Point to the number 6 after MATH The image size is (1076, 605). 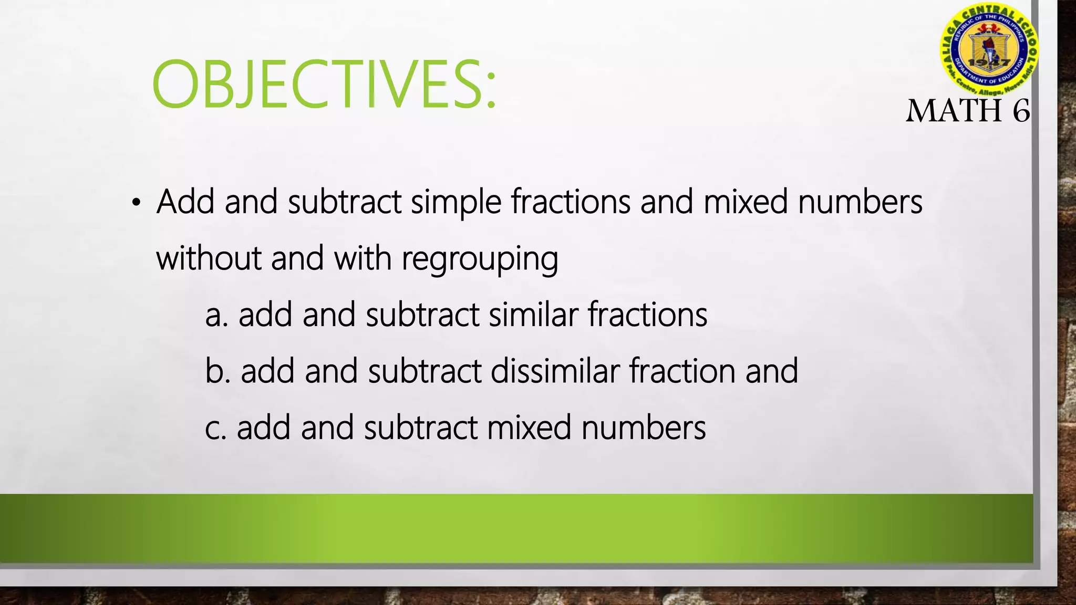click(1021, 111)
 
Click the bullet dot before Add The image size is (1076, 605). click(136, 203)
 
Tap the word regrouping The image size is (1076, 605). click(480, 259)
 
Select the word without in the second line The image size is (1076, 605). click(209, 258)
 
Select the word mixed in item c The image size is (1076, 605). click(529, 427)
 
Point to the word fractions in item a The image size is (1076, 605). click(647, 315)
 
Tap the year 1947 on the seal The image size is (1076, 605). click(989, 62)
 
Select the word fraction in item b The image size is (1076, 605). click(682, 371)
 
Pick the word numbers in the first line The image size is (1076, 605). click(860, 202)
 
